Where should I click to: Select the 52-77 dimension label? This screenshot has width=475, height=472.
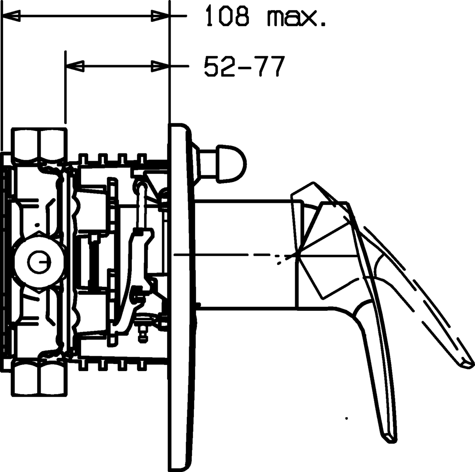pyautogui.click(x=245, y=66)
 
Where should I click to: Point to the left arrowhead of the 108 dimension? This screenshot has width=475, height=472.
pyautogui.click(x=11, y=17)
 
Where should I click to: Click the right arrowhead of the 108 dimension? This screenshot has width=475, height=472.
pyautogui.click(x=160, y=17)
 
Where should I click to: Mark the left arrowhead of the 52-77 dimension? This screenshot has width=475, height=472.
pyautogui.click(x=75, y=66)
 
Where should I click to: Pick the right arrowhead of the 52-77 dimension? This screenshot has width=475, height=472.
pyautogui.click(x=160, y=66)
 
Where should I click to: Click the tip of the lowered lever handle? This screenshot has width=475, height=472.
pyautogui.click(x=390, y=438)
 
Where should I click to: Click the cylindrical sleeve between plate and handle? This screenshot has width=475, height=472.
pyautogui.click(x=244, y=255)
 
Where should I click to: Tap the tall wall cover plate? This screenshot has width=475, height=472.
pyautogui.click(x=180, y=297)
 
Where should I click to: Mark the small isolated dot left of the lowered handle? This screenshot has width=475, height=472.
pyautogui.click(x=346, y=418)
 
